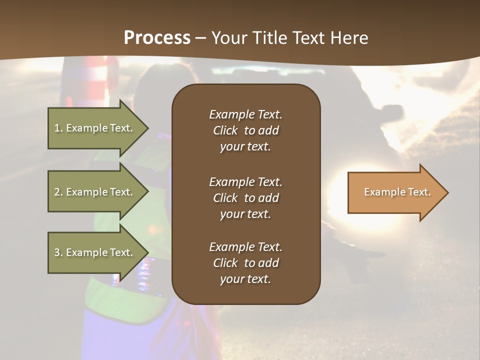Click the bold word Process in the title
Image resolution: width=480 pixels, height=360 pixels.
[157, 38]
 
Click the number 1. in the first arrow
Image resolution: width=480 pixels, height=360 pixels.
[58, 128]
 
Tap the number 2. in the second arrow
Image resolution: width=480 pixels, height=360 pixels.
[58, 192]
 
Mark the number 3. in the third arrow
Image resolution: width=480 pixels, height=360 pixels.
[58, 252]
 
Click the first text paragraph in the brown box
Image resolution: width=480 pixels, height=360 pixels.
[245, 130]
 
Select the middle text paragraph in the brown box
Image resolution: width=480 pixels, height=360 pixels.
[245, 197]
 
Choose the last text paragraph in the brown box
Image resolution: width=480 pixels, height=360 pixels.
[245, 263]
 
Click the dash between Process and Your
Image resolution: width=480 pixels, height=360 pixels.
[201, 38]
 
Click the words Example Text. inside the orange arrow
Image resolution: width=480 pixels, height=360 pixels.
[397, 192]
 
